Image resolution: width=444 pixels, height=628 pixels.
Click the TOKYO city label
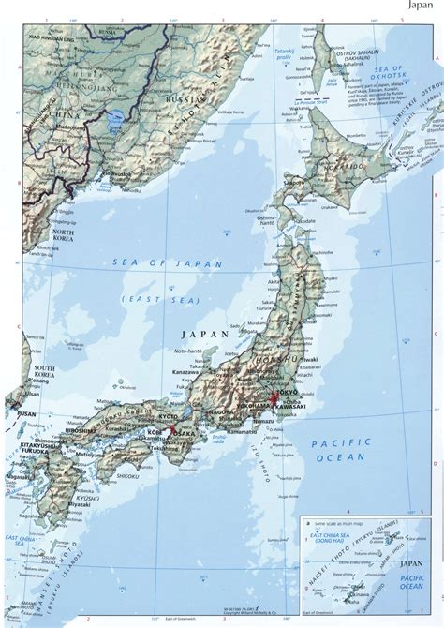pyautogui.click(x=283, y=391)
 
